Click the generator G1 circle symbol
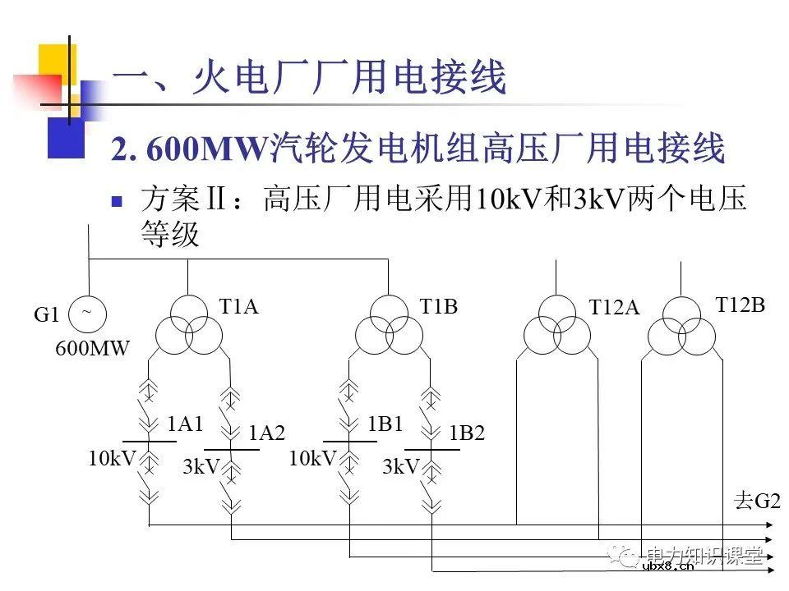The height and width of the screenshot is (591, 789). tap(88, 313)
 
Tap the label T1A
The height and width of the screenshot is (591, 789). tap(238, 307)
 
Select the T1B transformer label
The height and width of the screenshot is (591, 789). tap(438, 307)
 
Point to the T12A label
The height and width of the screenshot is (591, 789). tap(614, 308)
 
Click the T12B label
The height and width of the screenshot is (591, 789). tap(740, 305)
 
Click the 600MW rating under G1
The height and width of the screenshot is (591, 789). tap(93, 348)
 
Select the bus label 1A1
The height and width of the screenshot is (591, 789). tap(185, 424)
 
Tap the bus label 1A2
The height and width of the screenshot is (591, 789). tap(267, 433)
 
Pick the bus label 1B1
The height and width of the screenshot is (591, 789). tap(385, 424)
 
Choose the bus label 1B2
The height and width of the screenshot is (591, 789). tap(467, 433)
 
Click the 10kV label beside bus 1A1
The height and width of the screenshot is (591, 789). tap(112, 459)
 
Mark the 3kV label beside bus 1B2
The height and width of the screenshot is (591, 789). tap(401, 467)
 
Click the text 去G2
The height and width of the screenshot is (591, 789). tap(757, 502)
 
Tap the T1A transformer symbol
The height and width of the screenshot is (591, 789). tap(189, 325)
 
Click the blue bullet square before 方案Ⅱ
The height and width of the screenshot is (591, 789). tap(118, 199)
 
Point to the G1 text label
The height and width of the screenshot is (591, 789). tap(47, 315)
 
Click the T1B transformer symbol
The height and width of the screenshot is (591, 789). tap(389, 325)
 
